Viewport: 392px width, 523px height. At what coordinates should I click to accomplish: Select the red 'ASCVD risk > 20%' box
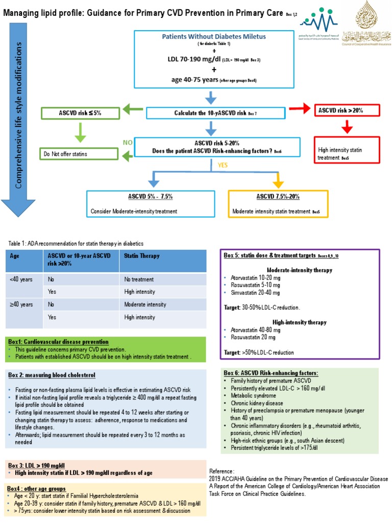click(x=348, y=110)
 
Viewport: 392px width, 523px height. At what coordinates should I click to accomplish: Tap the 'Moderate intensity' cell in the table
click(x=145, y=304)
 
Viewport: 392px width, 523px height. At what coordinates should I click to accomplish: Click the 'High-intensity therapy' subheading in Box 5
click(x=300, y=322)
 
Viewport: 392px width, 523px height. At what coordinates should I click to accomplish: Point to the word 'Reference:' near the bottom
click(x=222, y=470)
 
